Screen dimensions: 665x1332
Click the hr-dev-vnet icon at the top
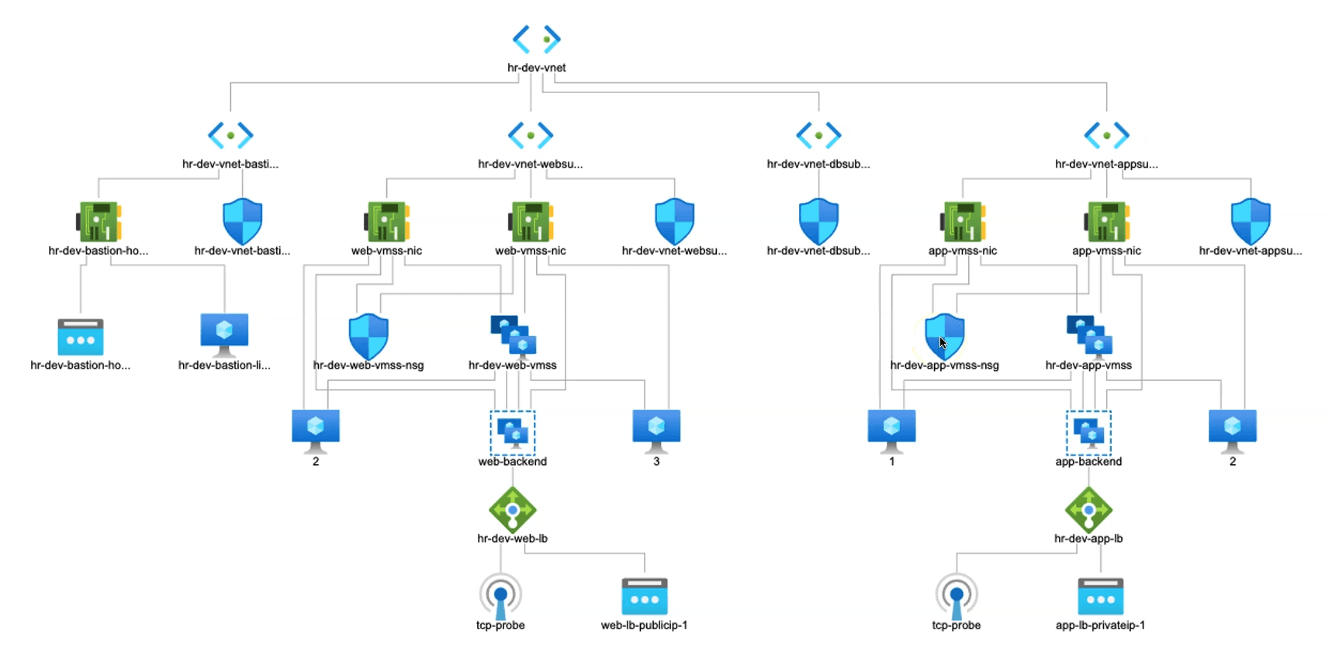pos(536,39)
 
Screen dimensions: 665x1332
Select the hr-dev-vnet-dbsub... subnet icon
pos(818,135)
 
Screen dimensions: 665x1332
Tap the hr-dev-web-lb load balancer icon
pos(512,510)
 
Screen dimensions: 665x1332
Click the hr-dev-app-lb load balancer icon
pos(1088,510)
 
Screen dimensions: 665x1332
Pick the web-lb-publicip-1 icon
pos(644,597)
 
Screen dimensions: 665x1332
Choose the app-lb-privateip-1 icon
pos(1100,597)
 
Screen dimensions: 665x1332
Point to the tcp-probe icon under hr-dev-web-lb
pos(500,596)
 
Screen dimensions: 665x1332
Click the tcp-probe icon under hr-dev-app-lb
pos(956,596)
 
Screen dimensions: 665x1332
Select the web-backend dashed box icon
pos(512,432)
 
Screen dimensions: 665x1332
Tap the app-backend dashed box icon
pos(1088,432)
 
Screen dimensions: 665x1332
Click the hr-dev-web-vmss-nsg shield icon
pos(368,336)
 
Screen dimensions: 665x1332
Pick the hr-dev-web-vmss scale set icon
pos(513,335)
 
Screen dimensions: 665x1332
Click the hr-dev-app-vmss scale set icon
pos(1089,335)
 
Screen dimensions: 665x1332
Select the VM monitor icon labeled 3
pos(656,429)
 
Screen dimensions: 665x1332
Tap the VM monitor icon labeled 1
pos(891,429)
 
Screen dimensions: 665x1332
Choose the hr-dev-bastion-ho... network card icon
pos(99,222)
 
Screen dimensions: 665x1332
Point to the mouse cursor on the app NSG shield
pos(943,342)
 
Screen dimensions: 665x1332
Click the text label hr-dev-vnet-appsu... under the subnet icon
pos(1105,164)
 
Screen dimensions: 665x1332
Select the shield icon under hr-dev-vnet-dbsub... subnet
pos(818,221)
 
